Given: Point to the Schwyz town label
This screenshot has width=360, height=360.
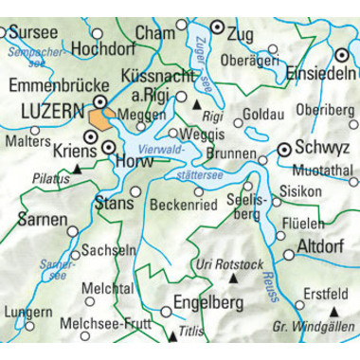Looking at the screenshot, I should (322, 149).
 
